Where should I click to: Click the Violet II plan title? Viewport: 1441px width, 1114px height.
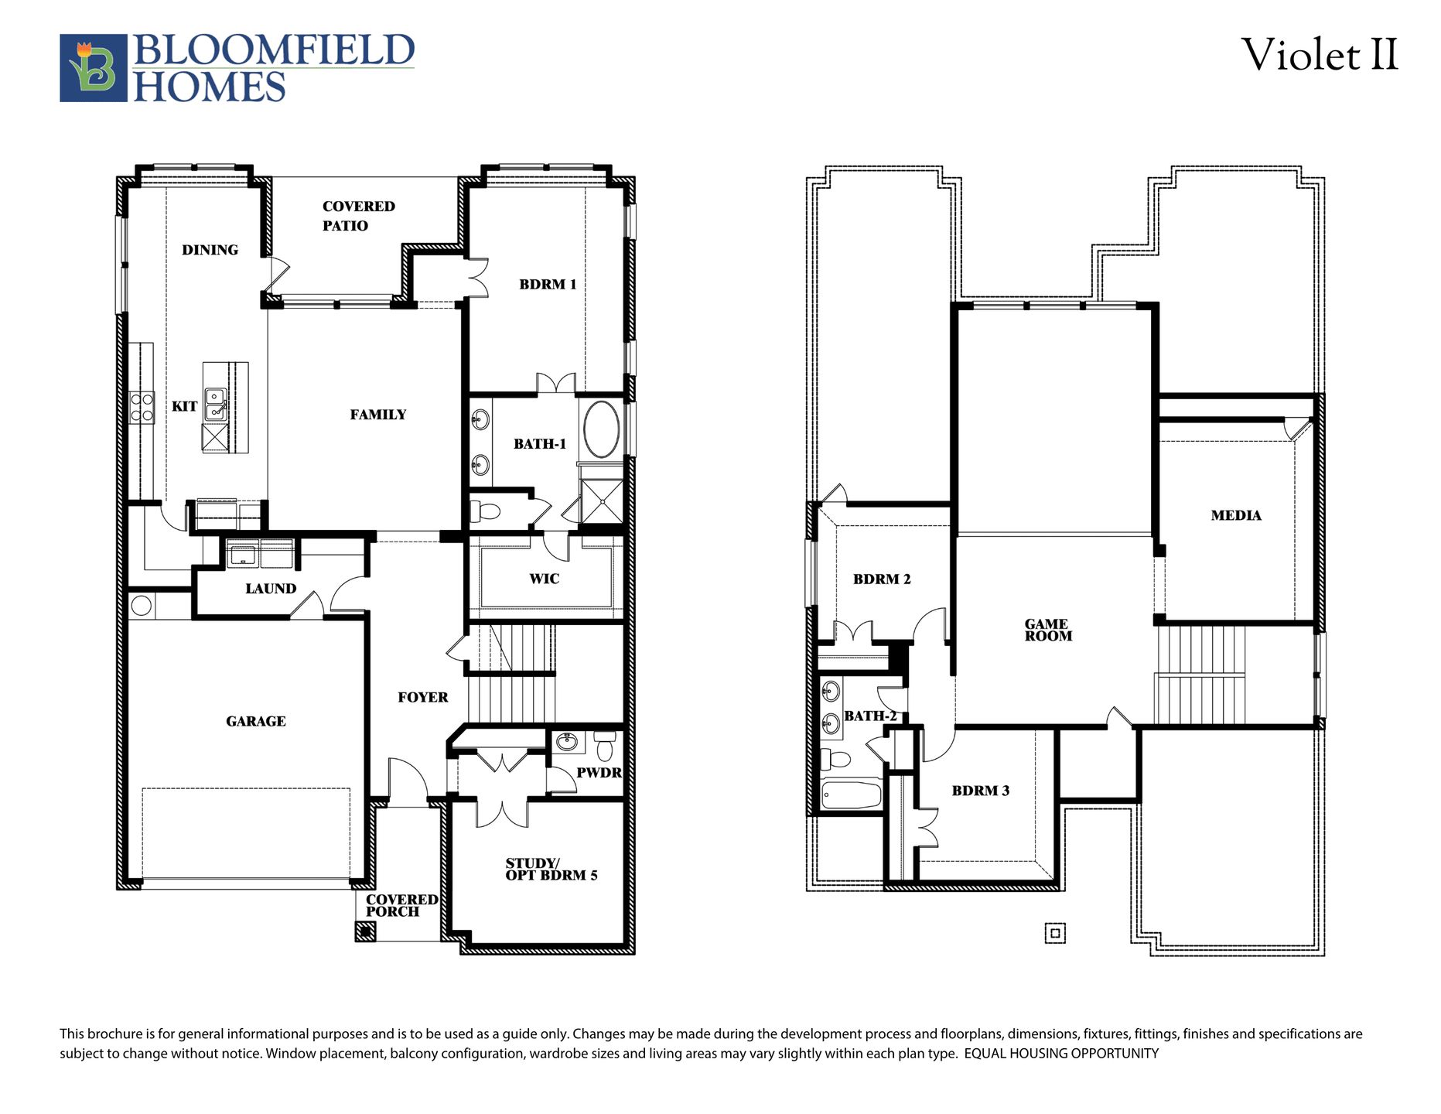(1320, 56)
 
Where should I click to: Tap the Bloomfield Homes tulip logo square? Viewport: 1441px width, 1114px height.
(94, 68)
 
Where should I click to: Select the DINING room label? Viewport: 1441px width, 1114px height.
(210, 250)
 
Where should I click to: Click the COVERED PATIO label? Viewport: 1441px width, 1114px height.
(357, 216)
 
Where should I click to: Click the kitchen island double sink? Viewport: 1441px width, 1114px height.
(216, 405)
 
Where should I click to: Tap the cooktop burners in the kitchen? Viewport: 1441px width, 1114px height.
(142, 407)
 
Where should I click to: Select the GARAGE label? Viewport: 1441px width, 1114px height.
(255, 721)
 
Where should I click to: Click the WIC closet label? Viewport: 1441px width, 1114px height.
(544, 579)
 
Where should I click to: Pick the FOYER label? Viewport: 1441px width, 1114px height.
(422, 697)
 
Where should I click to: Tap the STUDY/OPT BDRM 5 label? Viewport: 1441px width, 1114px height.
(551, 870)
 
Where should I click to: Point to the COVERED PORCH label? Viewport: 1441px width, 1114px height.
(401, 905)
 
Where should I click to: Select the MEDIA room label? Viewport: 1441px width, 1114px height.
(1235, 515)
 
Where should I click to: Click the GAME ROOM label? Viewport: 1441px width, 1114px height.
(1048, 630)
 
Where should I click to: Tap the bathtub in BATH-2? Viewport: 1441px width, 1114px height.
(851, 794)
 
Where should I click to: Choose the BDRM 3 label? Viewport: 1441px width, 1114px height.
(980, 791)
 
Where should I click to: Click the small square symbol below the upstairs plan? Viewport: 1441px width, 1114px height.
(1055, 933)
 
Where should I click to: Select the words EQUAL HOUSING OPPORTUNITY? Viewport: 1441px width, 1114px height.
(1061, 1054)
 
